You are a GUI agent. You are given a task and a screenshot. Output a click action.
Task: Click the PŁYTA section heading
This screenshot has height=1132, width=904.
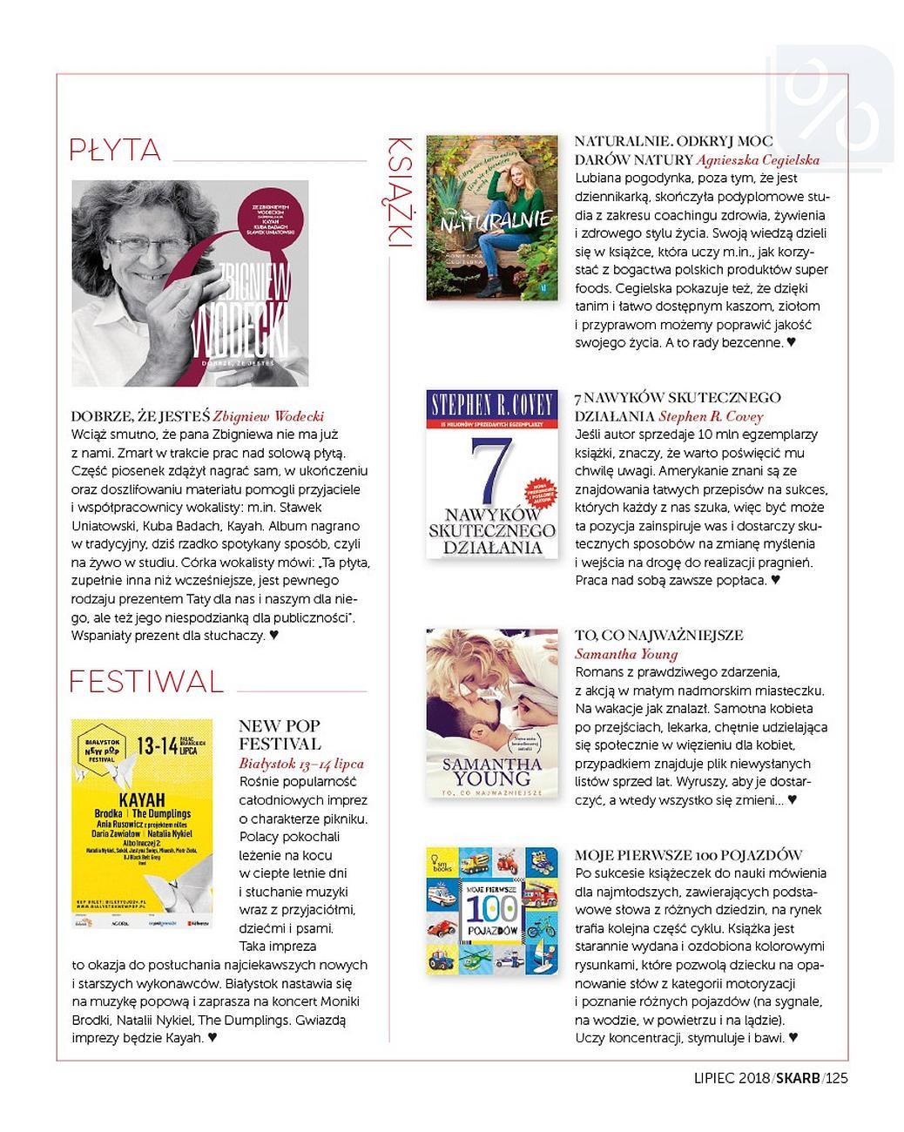pos(115,150)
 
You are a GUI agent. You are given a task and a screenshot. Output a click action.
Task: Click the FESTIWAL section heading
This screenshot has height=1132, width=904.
pos(145,681)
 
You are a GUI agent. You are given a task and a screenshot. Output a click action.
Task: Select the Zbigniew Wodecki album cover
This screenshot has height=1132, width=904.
pos(190,283)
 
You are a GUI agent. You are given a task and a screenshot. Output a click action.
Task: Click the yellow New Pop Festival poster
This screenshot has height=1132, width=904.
pos(142,823)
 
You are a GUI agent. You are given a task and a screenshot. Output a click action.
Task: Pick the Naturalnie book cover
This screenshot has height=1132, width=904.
pos(491,218)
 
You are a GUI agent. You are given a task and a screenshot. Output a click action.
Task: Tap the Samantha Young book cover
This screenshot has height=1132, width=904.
pos(491,714)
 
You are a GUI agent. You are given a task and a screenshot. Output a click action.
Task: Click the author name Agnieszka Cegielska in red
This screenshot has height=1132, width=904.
pos(758,159)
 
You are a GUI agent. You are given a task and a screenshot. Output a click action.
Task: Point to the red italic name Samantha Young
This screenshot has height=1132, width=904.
pos(626,654)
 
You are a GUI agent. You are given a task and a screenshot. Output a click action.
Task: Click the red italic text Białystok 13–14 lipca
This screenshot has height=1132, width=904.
pos(301,763)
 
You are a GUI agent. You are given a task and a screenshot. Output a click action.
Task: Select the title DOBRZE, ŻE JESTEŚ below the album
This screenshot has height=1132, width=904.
pos(140,416)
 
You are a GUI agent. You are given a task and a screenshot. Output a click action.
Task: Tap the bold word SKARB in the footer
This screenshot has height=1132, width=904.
pos(797,1078)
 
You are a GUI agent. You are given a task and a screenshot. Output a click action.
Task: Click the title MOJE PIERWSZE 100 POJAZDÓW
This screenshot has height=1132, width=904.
pos(688,855)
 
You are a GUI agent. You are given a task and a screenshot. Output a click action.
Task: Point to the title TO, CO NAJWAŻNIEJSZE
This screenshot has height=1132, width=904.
pos(658,636)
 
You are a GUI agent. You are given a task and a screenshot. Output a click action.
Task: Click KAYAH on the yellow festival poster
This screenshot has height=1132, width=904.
pos(141,798)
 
